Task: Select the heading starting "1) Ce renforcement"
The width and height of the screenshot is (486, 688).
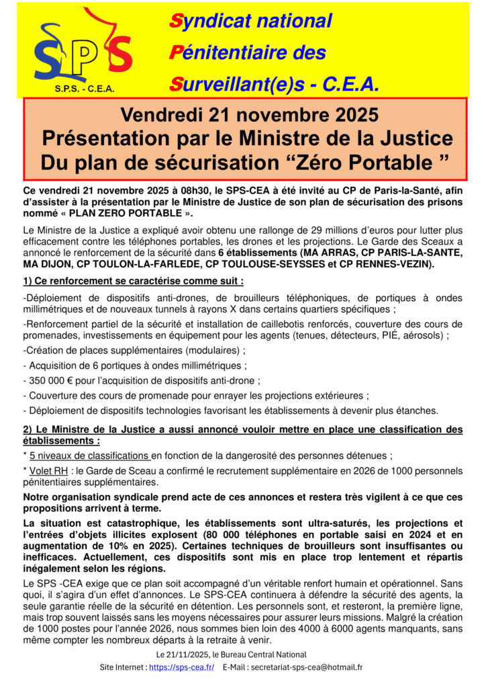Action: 133,281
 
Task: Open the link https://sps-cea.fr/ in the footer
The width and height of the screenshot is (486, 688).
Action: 181,667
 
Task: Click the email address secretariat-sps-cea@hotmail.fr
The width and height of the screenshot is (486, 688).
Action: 310,667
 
